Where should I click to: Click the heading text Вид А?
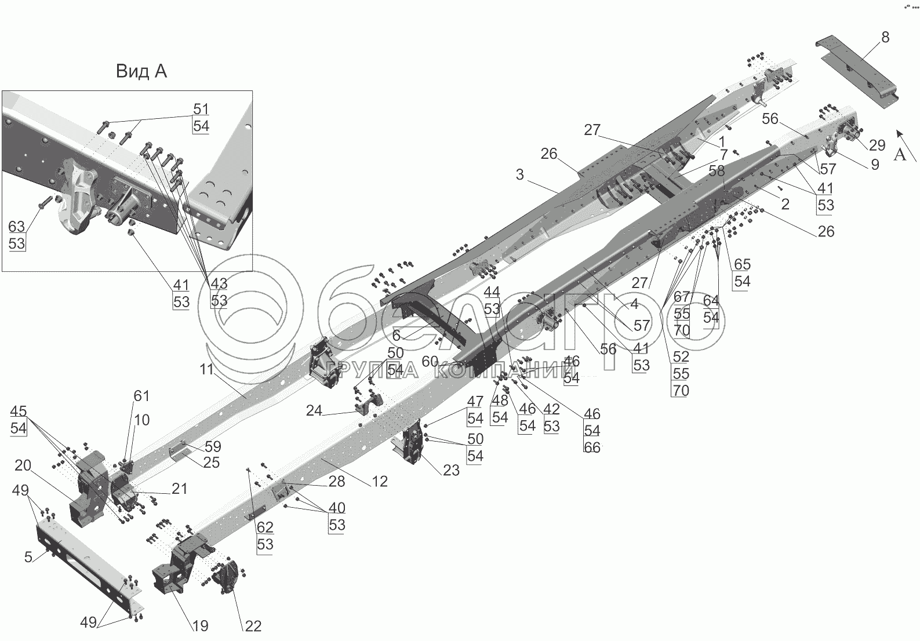pos(141,71)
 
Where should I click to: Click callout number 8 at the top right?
pos(885,38)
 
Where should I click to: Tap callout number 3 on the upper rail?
pos(519,174)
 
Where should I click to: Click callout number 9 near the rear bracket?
pos(874,165)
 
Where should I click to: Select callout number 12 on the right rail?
pos(380,481)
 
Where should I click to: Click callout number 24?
pos(314,411)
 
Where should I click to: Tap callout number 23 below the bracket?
pos(451,470)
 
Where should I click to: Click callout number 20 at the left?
pos(23,466)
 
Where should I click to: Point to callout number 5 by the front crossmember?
pos(28,558)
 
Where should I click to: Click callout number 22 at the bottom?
pos(253,626)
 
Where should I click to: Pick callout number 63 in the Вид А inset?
pos(17,226)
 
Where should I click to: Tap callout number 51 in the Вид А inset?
pos(201,109)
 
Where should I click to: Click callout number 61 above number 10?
pos(141,396)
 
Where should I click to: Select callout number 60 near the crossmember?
pos(430,362)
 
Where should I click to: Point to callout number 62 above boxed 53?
pos(264,527)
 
